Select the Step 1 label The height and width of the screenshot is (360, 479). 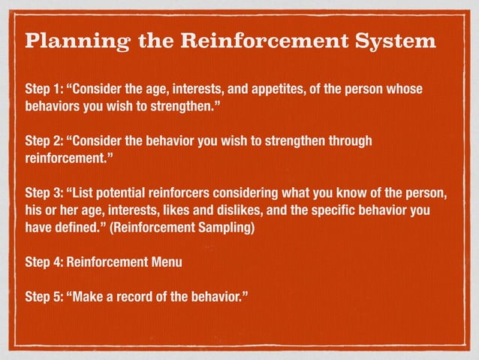pyautogui.click(x=44, y=91)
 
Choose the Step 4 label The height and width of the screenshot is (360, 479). pyautogui.click(x=44, y=263)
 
